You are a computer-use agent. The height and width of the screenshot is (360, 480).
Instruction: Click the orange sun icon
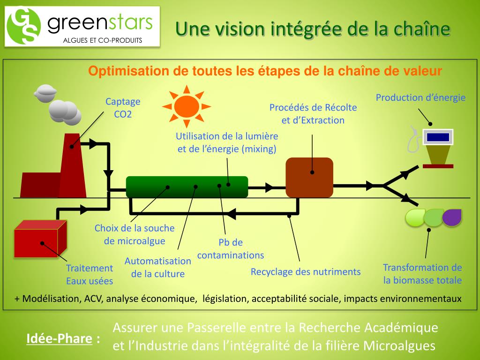click(187, 106)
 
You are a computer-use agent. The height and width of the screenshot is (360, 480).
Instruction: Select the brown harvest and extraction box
click(309, 177)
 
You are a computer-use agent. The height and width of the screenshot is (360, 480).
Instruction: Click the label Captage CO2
click(123, 108)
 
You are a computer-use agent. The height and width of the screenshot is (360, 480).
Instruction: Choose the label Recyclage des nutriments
click(306, 272)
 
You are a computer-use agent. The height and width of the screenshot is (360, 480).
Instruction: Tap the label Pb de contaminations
click(231, 249)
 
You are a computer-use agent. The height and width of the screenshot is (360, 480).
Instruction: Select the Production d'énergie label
click(420, 97)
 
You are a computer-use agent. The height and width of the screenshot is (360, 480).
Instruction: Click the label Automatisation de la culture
click(158, 268)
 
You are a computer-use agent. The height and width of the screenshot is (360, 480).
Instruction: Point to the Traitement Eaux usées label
click(90, 274)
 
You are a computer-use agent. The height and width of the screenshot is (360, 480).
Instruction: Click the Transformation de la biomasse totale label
click(422, 274)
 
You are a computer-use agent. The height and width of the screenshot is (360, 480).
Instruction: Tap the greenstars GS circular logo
click(23, 26)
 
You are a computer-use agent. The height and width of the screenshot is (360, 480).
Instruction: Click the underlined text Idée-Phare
click(59, 338)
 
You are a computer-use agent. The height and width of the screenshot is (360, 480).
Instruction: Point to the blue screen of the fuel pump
click(438, 137)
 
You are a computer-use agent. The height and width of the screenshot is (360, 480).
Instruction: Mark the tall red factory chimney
click(73, 164)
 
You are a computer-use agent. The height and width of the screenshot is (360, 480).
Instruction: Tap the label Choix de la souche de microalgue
click(135, 234)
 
